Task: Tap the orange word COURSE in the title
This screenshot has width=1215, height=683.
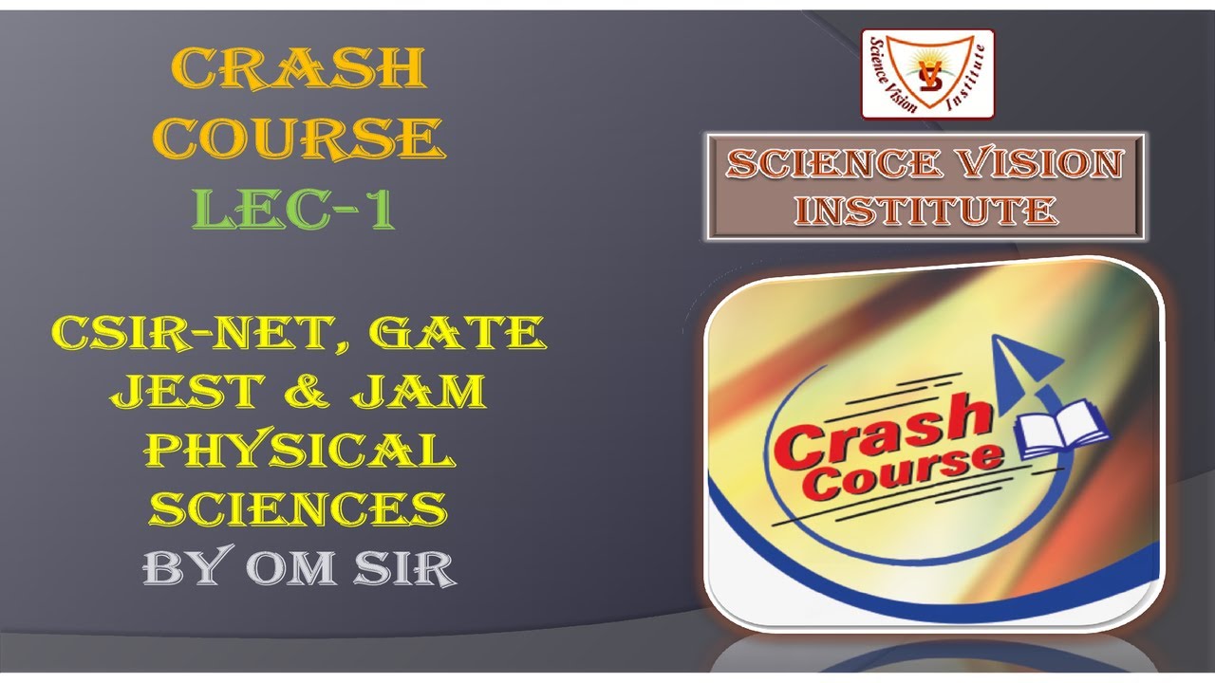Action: tap(300, 138)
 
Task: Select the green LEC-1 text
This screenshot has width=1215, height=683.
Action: tap(294, 209)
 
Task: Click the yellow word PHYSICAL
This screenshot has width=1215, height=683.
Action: tap(299, 450)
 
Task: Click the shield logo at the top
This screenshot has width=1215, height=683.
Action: tap(926, 73)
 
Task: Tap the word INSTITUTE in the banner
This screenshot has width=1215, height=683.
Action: tap(926, 210)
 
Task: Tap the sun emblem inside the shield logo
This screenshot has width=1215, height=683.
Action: tap(926, 65)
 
